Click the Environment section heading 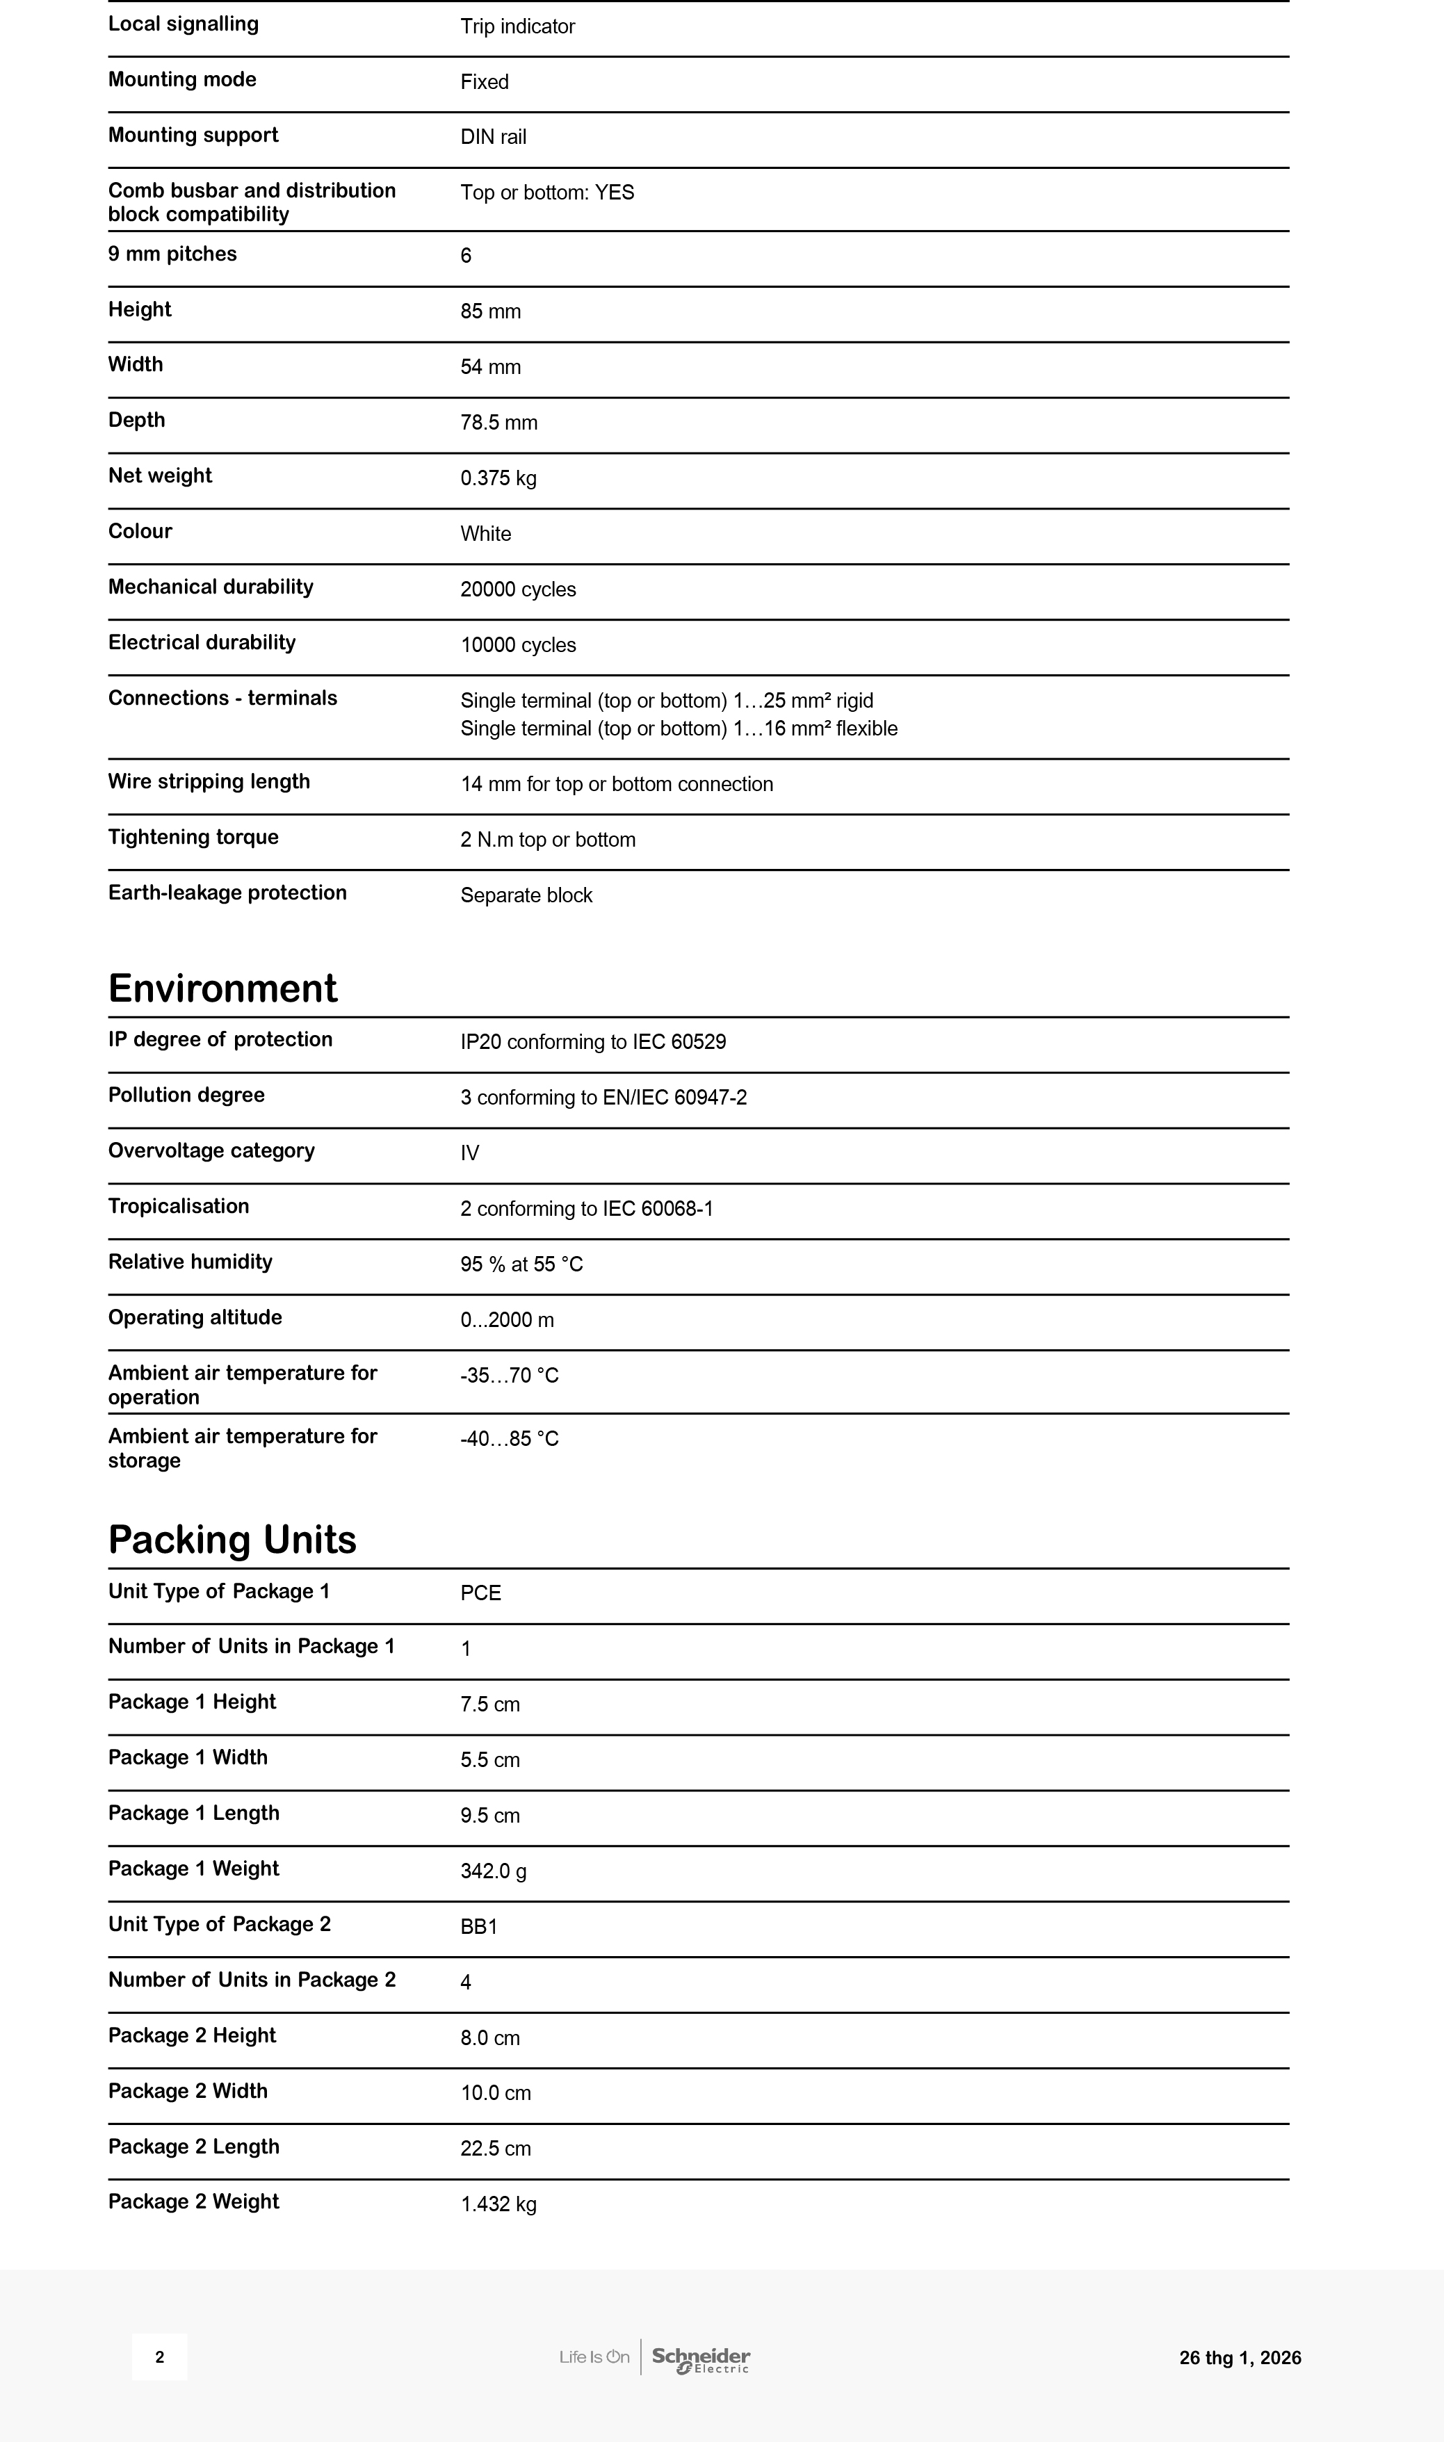click(223, 988)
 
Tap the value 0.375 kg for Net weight click(498, 478)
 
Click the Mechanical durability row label click(210, 587)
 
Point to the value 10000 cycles click(518, 645)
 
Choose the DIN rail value click(494, 137)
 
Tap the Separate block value click(526, 895)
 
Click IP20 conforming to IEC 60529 click(592, 1042)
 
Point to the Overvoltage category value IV click(470, 1153)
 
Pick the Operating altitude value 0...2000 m click(507, 1320)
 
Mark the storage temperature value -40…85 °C click(509, 1439)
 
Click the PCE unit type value click(480, 1593)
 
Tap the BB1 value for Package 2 click(479, 1928)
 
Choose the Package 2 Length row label click(194, 2147)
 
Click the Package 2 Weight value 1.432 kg click(498, 2204)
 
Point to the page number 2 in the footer click(160, 2357)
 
